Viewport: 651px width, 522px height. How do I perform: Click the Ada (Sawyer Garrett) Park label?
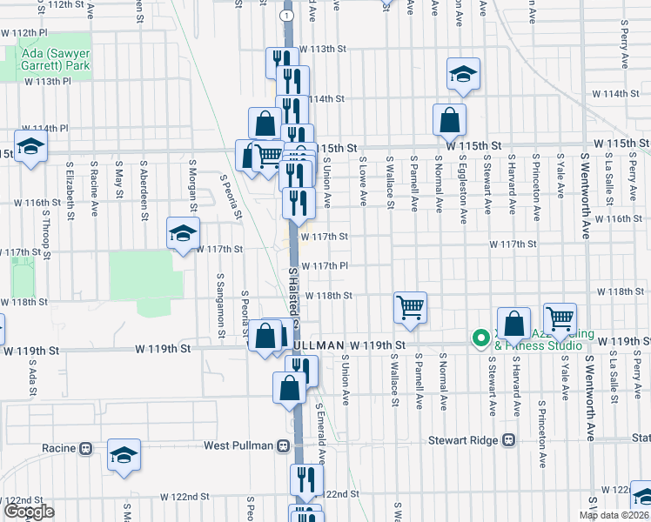point(53,59)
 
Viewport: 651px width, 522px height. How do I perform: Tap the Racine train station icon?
point(85,449)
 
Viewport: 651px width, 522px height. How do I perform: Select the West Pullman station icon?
point(282,445)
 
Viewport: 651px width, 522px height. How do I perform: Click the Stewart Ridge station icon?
point(509,440)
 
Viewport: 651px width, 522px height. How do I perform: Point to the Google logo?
point(28,512)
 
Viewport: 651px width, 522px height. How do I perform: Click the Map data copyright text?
point(614,514)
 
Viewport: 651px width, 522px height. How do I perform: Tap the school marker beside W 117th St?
point(183,233)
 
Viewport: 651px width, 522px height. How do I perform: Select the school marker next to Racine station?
point(124,455)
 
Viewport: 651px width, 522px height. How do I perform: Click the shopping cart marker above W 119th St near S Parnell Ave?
point(409,307)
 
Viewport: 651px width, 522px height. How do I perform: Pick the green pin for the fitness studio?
point(479,338)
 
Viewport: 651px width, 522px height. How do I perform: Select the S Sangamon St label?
point(220,292)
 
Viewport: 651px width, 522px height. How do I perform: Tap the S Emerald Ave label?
point(320,432)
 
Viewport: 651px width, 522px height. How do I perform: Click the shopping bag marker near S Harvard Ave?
point(514,324)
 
